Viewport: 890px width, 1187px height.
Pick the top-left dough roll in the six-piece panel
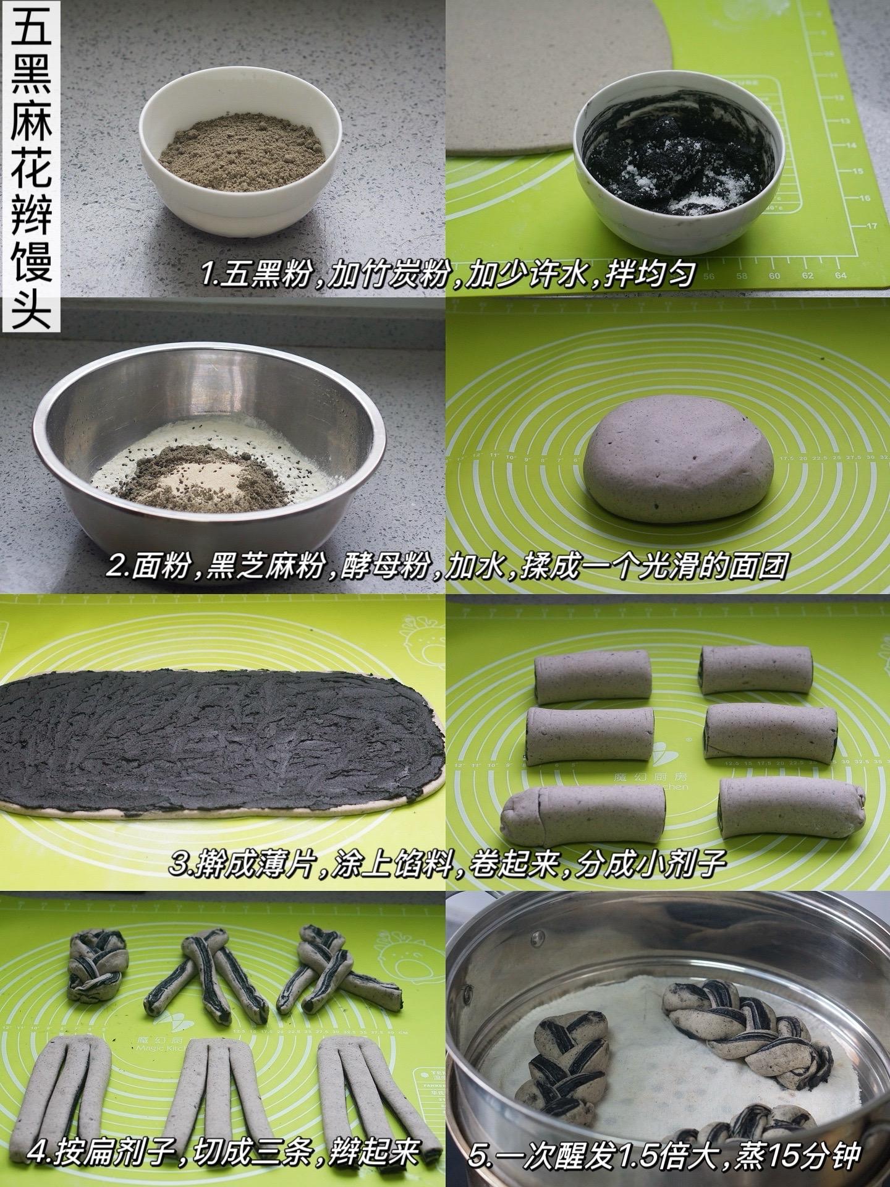593,676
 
